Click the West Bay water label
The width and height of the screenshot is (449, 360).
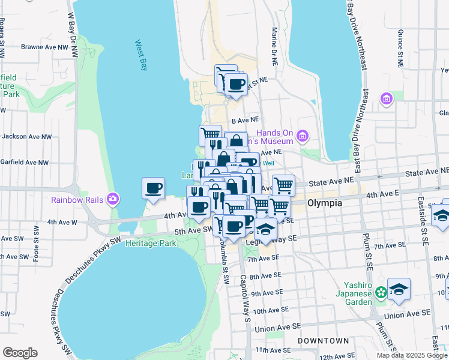pyautogui.click(x=141, y=55)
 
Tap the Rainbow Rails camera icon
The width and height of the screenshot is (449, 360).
pyautogui.click(x=112, y=199)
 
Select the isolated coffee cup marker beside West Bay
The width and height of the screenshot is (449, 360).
pyautogui.click(x=153, y=188)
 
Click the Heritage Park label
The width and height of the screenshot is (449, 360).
pyautogui.click(x=155, y=243)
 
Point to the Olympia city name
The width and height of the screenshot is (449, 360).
pyautogui.click(x=324, y=203)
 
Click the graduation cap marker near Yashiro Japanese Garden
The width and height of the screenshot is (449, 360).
pyautogui.click(x=399, y=290)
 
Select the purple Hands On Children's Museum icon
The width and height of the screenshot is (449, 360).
pyautogui.click(x=303, y=137)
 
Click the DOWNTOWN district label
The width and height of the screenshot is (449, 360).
pyautogui.click(x=324, y=340)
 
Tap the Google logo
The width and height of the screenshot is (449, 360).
pyautogui.click(x=20, y=353)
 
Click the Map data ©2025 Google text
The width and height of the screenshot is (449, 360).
pyautogui.click(x=412, y=355)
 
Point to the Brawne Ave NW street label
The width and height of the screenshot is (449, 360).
pyautogui.click(x=43, y=46)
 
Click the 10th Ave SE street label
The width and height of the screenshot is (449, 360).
pyautogui.click(x=267, y=311)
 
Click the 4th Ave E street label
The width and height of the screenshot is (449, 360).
pyautogui.click(x=383, y=194)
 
